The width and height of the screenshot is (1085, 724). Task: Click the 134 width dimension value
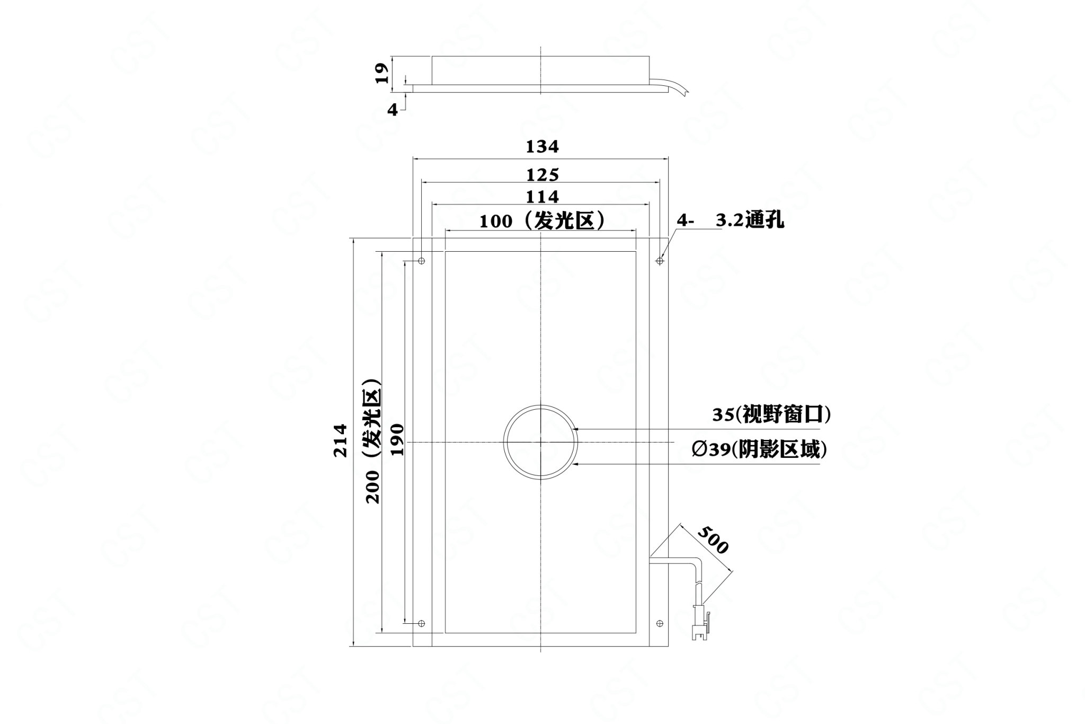(542, 146)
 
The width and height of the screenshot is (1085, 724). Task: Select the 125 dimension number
(542, 174)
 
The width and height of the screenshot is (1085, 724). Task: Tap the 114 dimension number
(542, 197)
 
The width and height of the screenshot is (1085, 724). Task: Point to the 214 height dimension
(340, 440)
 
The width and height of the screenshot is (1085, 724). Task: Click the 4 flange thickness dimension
(392, 110)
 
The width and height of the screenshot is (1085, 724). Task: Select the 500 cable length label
(713, 540)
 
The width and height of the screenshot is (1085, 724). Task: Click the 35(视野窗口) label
(771, 414)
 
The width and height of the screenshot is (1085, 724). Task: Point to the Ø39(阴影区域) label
(759, 450)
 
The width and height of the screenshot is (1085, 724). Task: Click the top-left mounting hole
(422, 261)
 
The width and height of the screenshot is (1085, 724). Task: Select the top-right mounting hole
(660, 261)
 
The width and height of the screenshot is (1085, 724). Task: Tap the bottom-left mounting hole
(422, 623)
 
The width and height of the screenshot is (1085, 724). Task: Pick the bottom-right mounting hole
(660, 623)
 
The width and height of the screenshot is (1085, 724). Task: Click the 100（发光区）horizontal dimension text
(542, 220)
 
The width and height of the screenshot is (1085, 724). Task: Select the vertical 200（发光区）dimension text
(373, 440)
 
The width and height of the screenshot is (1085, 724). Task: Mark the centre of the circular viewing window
(540, 442)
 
